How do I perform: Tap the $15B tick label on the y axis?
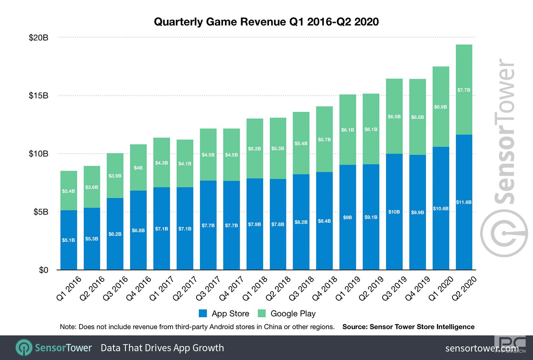[x=39, y=96]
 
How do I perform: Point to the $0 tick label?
[x=43, y=270]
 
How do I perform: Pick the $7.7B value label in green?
[x=464, y=90]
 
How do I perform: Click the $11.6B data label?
[x=464, y=202]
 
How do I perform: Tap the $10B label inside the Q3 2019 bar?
[x=394, y=212]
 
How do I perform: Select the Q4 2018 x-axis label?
[x=324, y=288]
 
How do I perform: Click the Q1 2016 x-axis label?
[x=69, y=288]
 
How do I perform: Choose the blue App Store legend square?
[x=203, y=313]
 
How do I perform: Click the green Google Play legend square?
[x=262, y=313]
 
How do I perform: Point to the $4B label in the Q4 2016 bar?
[x=138, y=168]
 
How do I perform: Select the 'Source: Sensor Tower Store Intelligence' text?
[x=408, y=327]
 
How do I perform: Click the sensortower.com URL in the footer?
[x=482, y=348]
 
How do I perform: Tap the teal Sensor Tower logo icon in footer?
[x=24, y=348]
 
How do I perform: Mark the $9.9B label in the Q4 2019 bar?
[x=418, y=213]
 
